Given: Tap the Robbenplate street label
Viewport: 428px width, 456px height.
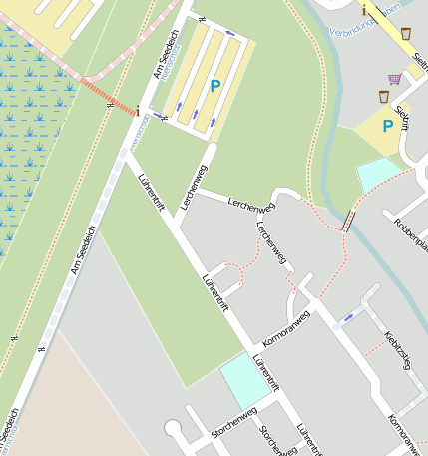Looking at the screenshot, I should [410, 233].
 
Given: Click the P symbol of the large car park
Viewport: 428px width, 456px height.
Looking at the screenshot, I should [214, 87].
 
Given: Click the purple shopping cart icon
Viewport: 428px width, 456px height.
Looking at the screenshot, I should [395, 79].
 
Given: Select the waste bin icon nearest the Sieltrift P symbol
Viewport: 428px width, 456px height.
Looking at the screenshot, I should [384, 96].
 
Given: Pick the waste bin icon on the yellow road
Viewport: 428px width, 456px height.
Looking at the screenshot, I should [406, 33].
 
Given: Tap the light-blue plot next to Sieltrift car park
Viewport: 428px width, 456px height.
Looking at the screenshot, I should [377, 173].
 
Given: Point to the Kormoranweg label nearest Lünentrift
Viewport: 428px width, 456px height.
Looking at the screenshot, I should [286, 328].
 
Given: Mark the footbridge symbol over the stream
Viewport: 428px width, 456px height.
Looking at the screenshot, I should [348, 221].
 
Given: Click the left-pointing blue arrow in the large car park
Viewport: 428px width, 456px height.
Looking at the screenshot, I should [231, 35].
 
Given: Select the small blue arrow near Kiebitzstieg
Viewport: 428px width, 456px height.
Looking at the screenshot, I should [349, 317].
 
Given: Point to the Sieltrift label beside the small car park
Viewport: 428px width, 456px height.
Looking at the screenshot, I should [404, 118].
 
